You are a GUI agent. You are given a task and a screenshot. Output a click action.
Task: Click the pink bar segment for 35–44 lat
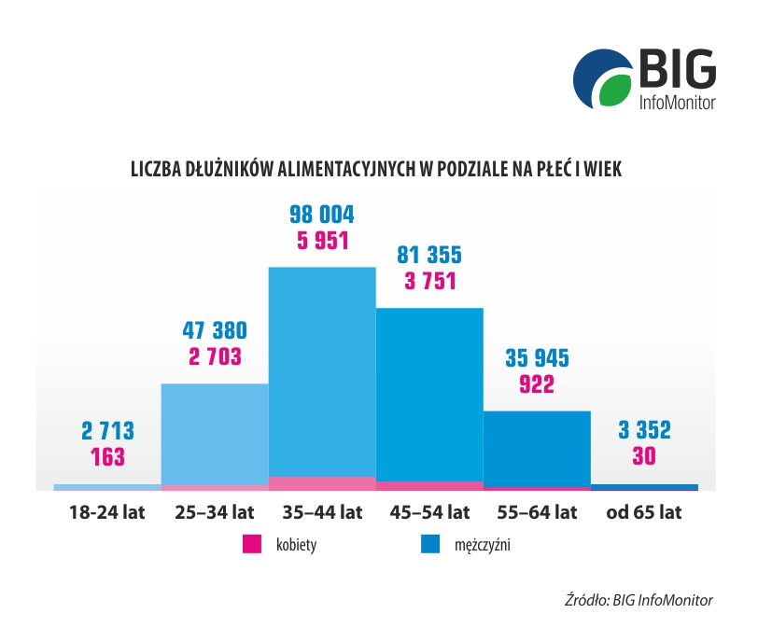[x=322, y=482]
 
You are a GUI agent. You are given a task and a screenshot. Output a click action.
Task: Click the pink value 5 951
[x=322, y=241]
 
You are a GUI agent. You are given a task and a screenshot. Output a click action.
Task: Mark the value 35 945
[x=537, y=357]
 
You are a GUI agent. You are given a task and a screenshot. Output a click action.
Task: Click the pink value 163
[x=107, y=457]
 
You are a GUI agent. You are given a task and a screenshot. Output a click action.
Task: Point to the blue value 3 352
[x=644, y=431]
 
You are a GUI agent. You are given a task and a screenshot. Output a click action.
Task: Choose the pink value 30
[x=644, y=457]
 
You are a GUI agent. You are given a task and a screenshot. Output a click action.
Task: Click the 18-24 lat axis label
[x=107, y=512]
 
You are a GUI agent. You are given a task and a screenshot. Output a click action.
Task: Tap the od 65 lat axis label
[x=644, y=512]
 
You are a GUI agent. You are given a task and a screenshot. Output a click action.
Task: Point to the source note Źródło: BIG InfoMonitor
[x=639, y=600]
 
